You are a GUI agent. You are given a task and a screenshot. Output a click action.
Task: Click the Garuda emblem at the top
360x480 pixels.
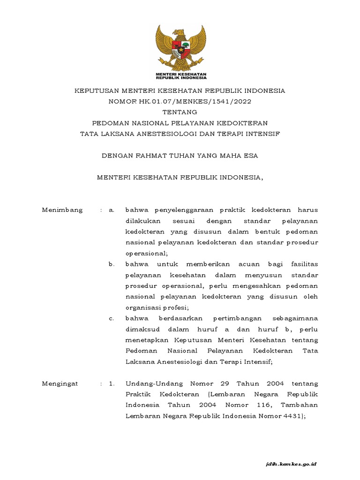180,48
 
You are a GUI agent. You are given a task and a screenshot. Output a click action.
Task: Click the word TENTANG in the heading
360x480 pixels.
180,112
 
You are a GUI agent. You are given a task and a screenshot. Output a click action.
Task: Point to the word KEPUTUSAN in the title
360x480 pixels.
96,90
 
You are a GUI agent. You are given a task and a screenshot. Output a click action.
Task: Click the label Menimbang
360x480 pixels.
62,210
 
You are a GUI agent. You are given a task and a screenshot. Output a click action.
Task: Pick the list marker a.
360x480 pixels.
111,210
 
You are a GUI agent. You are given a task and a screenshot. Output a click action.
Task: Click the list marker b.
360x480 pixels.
111,264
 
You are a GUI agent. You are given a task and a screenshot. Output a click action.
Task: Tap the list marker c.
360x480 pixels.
111,319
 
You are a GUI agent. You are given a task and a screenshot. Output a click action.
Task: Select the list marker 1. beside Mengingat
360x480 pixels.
112,384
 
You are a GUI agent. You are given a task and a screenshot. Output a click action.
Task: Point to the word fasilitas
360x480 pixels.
302,264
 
